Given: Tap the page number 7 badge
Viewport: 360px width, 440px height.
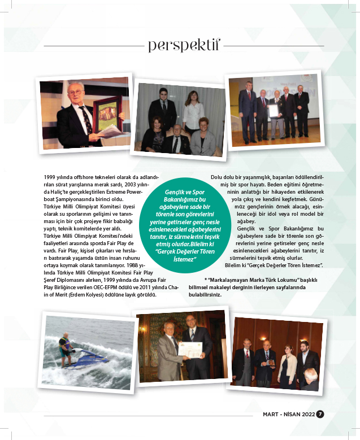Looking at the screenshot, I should (x=320, y=414).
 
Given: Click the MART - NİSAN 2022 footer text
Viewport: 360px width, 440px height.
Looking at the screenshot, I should (x=288, y=414).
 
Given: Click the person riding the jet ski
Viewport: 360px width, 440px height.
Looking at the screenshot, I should (x=67, y=347).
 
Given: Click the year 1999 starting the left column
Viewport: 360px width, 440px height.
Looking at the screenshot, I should (x=50, y=177).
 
